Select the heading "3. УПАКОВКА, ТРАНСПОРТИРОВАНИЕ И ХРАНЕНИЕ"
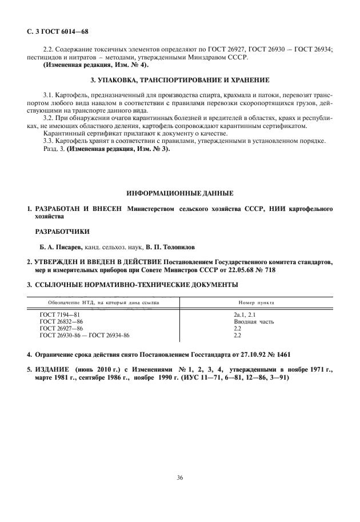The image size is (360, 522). pos(180,79)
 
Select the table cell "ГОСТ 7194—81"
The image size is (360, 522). pos(60,315)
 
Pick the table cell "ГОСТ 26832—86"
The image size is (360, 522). pos(62,322)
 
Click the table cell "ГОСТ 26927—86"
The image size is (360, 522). pos(62,329)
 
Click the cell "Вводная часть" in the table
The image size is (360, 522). pos(254,322)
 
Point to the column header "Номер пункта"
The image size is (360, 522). pos(255,302)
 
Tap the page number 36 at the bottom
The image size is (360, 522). pos(179,477)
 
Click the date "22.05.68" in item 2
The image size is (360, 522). pos(249,270)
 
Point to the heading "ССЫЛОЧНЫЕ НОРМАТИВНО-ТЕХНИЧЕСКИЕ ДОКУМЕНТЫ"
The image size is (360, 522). pos(136,285)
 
